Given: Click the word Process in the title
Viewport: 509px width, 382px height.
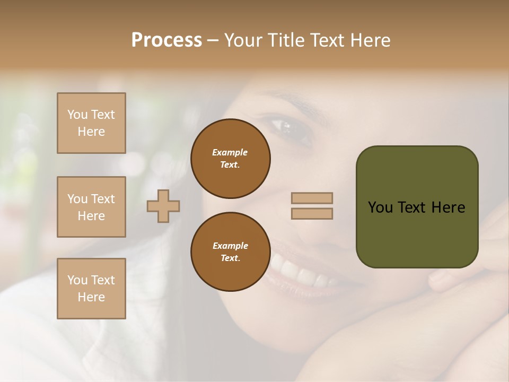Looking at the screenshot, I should coord(166,40).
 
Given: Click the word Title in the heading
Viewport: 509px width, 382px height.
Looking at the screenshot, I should coord(286,40).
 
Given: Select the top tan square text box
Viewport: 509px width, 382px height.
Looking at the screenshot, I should coord(91,123).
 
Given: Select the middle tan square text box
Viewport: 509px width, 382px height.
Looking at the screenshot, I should coord(91,207).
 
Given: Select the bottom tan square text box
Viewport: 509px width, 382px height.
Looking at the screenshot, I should coord(91,289).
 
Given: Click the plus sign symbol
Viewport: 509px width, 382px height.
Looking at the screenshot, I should coord(163,206).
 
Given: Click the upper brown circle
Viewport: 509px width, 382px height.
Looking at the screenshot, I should coord(231,159).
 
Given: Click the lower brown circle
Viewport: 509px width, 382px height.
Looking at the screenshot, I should coord(231,252).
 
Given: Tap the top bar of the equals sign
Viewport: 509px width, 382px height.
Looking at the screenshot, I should coord(312,198).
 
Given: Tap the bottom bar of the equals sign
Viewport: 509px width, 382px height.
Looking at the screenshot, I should coord(312,213).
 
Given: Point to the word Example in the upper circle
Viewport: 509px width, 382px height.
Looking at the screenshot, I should coord(230,152).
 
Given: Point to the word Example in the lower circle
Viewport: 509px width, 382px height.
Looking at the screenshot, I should coord(230,246).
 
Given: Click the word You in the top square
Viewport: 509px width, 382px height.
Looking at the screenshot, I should coord(77,115).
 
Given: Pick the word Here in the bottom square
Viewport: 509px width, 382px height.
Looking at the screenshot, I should coord(91,297).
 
